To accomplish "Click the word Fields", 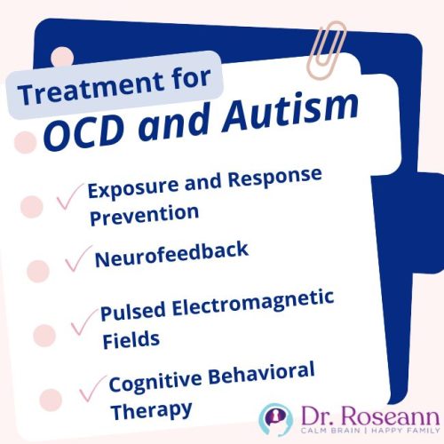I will tap(130, 339).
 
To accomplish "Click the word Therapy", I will tap(151, 409).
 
